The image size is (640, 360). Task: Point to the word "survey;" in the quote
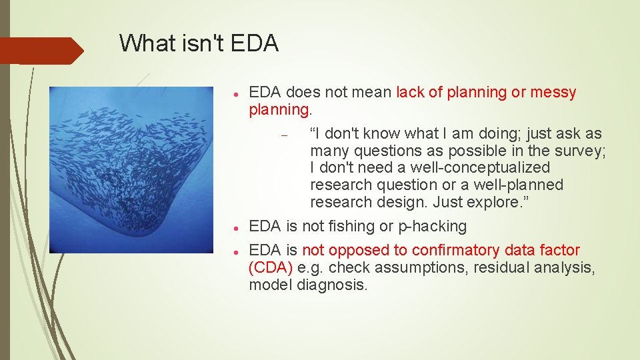[578, 151]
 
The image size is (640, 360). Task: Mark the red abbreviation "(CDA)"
[270, 268]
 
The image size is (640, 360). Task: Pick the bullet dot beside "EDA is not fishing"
[237, 227]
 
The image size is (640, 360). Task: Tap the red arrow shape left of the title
[40, 51]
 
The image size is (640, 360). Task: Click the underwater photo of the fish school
[131, 170]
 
